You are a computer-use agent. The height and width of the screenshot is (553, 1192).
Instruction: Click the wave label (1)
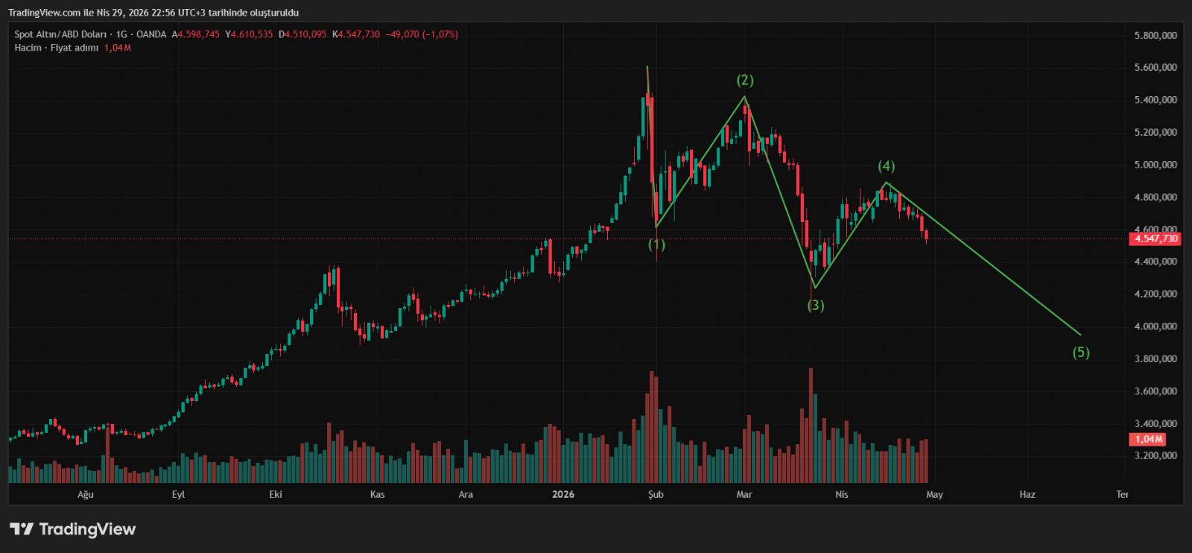click(656, 244)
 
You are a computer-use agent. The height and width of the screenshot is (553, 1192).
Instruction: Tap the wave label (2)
click(745, 80)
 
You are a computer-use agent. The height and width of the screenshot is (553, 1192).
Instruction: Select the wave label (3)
click(816, 305)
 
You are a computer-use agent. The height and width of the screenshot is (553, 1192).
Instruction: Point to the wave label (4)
click(886, 166)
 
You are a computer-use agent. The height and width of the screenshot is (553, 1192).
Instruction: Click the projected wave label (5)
click(1081, 353)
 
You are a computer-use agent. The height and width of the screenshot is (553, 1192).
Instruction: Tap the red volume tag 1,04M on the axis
click(1148, 440)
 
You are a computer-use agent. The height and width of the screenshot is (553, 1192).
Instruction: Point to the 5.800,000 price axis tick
click(1155, 35)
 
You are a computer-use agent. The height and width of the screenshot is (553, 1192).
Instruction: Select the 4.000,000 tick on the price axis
click(1155, 326)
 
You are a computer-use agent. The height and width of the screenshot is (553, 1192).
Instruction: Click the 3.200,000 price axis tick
click(1155, 456)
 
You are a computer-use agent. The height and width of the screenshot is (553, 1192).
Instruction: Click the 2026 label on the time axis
click(563, 494)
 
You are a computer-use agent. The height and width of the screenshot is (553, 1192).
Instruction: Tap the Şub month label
click(656, 494)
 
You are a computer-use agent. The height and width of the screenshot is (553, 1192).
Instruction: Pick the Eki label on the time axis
click(276, 494)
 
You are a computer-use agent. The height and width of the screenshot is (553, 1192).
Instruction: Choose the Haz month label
click(1027, 494)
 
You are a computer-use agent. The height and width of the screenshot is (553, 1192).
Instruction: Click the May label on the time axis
click(934, 494)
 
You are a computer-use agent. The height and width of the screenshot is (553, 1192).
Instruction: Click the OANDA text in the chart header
click(151, 34)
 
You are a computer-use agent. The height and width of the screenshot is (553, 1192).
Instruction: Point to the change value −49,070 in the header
click(402, 34)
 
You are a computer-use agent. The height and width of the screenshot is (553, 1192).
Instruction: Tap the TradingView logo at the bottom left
click(72, 529)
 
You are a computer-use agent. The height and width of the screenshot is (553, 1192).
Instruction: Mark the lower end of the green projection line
click(1080, 335)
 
